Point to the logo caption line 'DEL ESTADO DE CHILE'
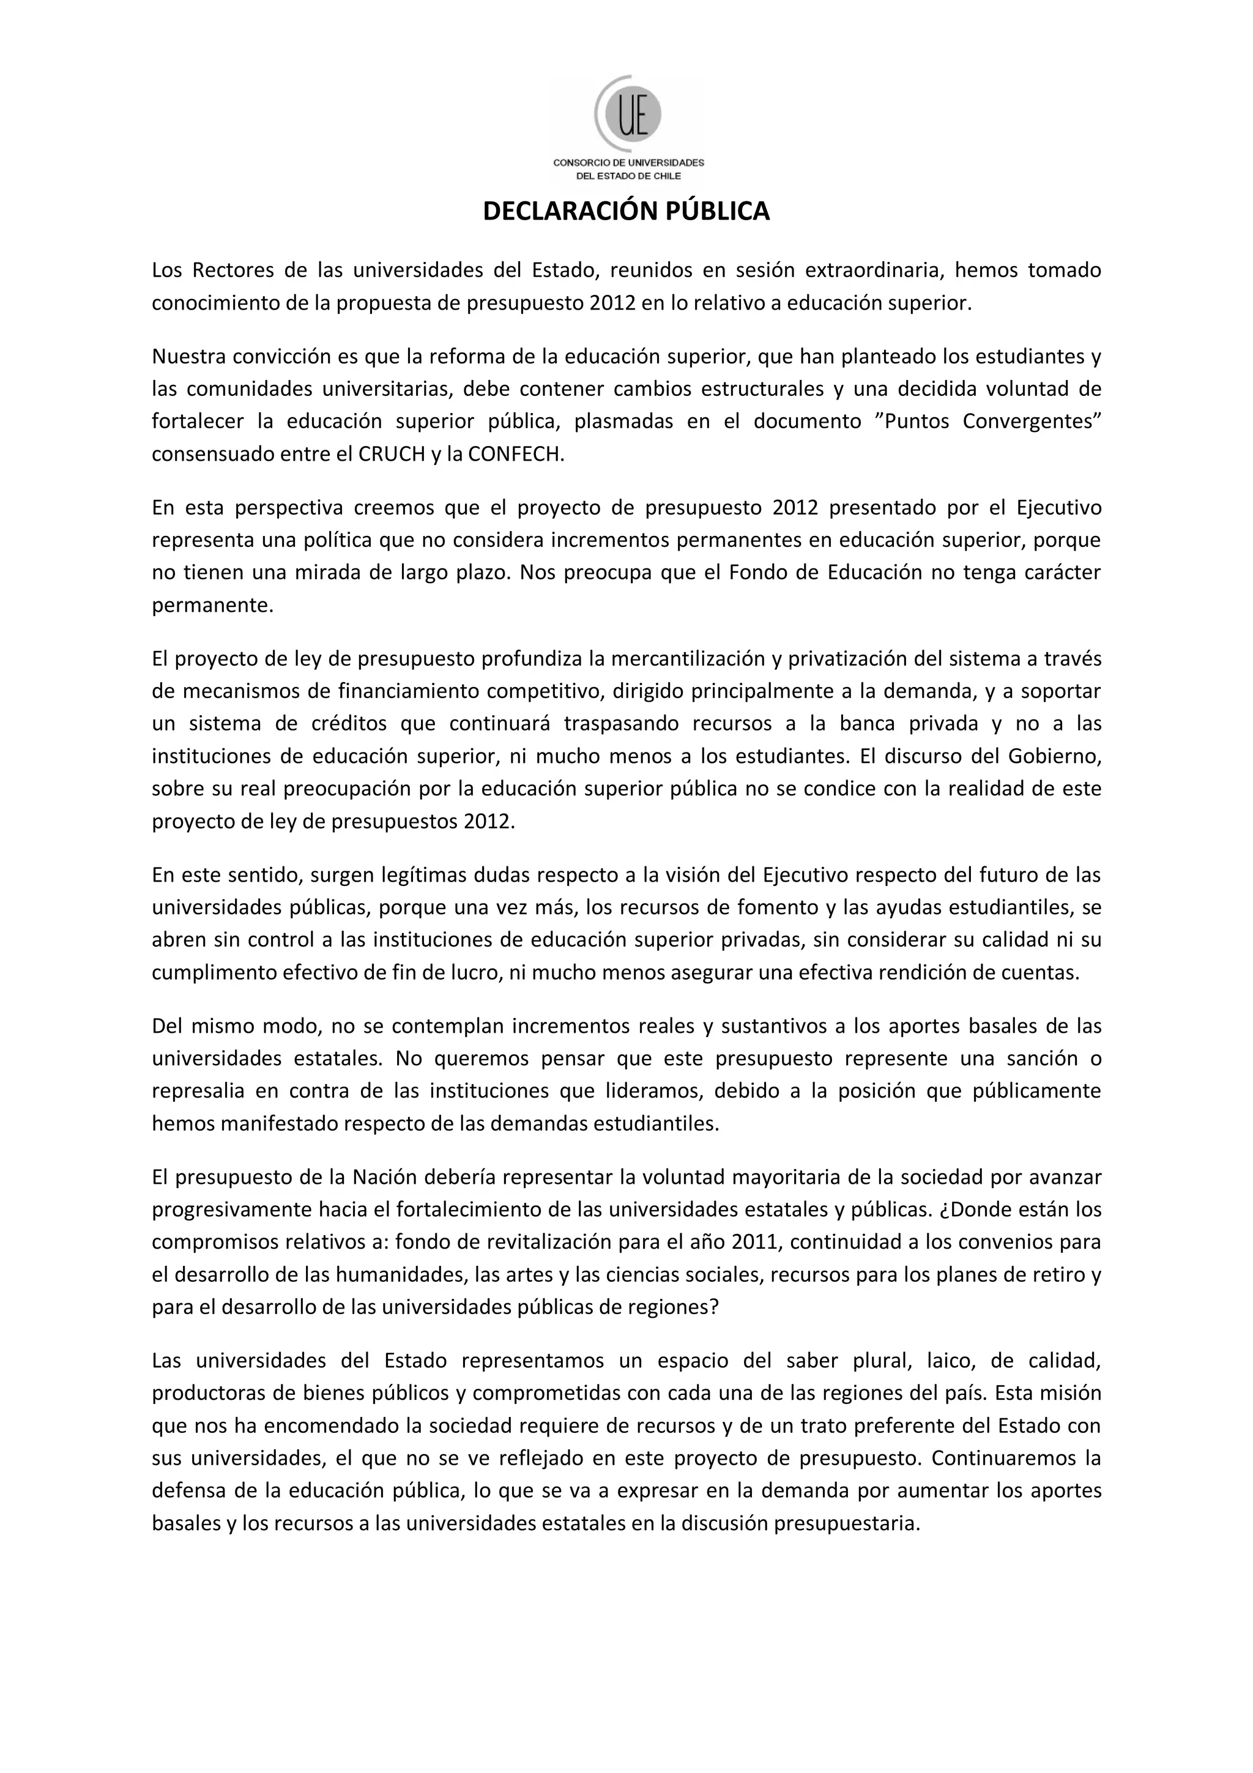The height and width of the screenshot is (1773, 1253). point(628,176)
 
